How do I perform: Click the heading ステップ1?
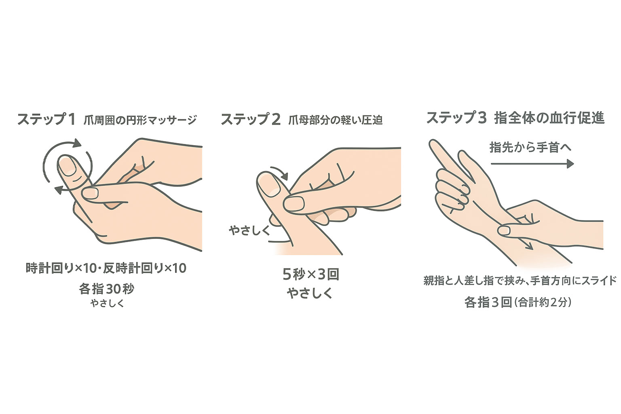(x=46, y=120)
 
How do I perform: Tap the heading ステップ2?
(x=250, y=120)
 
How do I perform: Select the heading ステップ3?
(x=456, y=118)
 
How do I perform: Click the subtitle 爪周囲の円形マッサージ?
(x=140, y=120)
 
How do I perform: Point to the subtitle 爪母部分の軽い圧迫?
(x=336, y=120)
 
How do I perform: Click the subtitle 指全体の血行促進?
(x=549, y=118)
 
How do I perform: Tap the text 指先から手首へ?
(x=530, y=147)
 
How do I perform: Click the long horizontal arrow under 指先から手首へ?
(x=532, y=164)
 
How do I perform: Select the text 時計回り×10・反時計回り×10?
(x=106, y=268)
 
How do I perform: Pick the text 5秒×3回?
(x=310, y=275)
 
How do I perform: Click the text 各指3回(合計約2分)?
(x=518, y=302)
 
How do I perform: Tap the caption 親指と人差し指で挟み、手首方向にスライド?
(x=520, y=281)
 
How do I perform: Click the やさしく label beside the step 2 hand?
(x=249, y=230)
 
